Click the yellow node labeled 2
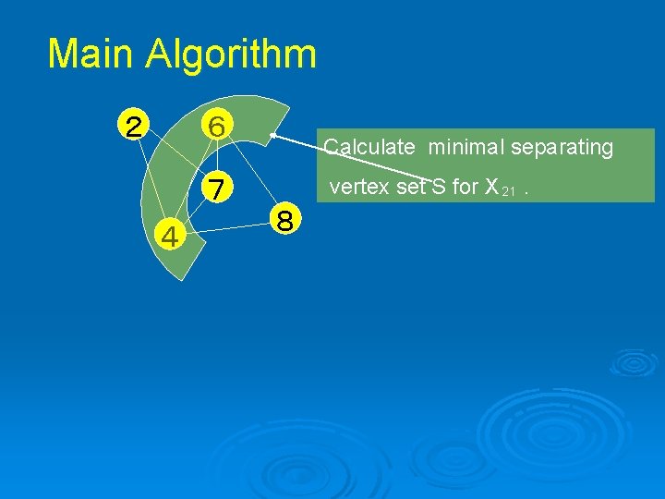[x=134, y=125]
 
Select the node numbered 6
[x=219, y=125]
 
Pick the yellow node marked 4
[x=170, y=237]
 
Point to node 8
[x=285, y=221]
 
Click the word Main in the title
[x=91, y=55]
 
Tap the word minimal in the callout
[x=469, y=147]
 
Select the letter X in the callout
[x=491, y=188]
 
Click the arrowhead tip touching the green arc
[x=272, y=136]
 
